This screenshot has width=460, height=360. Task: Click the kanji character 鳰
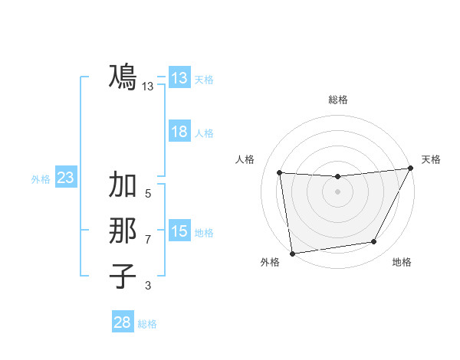tap(123, 77)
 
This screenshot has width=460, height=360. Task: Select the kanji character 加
tap(123, 185)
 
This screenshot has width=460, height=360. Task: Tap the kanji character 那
tap(123, 231)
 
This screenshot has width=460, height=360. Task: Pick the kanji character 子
tap(123, 276)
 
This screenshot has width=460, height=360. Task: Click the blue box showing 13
tap(179, 78)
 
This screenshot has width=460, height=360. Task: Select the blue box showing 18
tap(179, 132)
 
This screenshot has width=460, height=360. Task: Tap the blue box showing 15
tap(179, 231)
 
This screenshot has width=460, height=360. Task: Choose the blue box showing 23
tap(65, 178)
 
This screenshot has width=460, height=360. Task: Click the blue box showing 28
tap(123, 322)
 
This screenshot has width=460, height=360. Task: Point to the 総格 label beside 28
tap(147, 324)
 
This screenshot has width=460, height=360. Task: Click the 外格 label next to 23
tap(41, 179)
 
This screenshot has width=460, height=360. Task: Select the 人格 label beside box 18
tap(204, 133)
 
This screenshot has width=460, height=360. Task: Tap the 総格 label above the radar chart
tap(337, 100)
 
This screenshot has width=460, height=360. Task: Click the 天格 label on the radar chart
tap(431, 159)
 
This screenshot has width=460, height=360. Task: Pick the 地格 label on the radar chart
tap(402, 263)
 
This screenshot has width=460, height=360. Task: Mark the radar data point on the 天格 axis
tap(410, 169)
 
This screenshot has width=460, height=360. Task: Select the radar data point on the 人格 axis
tap(280, 172)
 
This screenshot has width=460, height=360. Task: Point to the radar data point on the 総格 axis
tap(337, 177)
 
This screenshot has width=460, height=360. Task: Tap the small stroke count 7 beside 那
tap(148, 240)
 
